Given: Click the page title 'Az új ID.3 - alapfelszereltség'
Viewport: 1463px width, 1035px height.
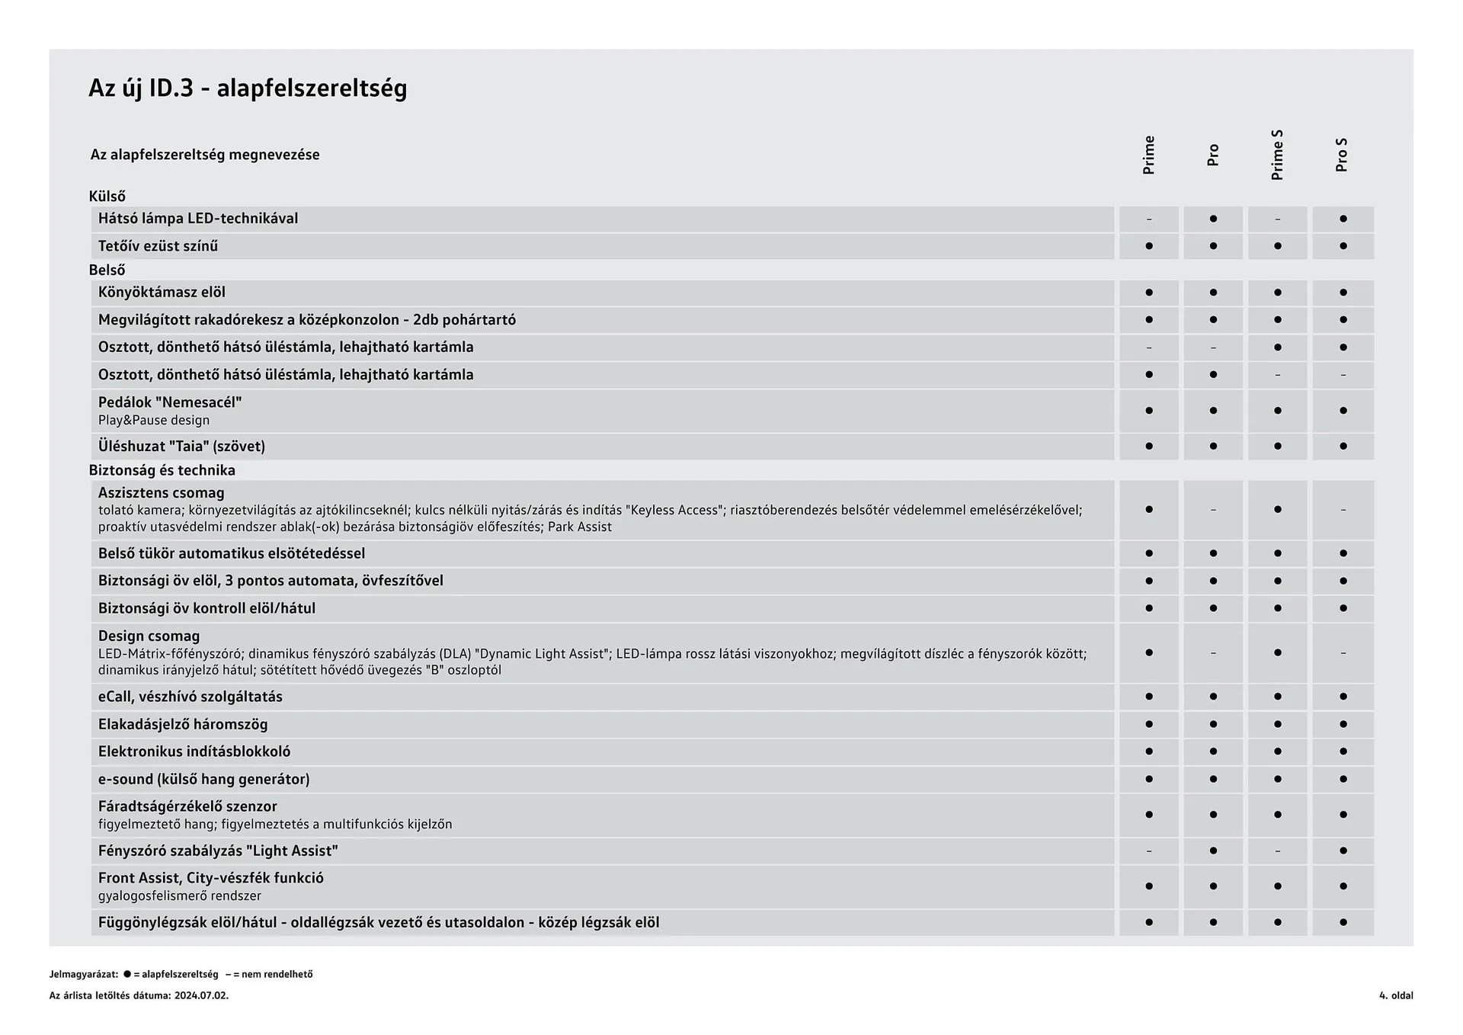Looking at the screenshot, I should coord(248,88).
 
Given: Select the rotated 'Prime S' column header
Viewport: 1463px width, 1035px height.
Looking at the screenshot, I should coord(1278,155).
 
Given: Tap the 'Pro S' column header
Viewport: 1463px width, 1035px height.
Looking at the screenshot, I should coord(1342,155).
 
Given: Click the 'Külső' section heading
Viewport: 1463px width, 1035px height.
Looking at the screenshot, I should coord(107,197).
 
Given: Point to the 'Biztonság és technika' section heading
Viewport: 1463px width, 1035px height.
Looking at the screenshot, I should coord(162,470).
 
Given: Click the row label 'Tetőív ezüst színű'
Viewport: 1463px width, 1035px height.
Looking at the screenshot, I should coord(158,246).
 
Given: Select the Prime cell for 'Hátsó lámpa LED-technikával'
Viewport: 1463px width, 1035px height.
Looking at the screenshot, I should coord(1149,219).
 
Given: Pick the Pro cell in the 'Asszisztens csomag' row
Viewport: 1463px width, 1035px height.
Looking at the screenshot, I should coord(1213,510).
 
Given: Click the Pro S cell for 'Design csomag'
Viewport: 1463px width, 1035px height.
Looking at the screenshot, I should coord(1343,653).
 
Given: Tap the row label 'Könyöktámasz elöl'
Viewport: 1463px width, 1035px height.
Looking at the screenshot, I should coord(162,293).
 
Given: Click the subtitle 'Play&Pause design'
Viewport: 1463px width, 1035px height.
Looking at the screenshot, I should coord(153,421).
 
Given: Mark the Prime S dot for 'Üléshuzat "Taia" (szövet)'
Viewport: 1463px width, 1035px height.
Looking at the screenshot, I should coord(1278,447).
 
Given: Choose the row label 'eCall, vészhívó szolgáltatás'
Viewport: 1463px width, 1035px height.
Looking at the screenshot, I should coord(190,697).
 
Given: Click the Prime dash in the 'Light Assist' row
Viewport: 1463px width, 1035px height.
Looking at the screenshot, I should coord(1149,851).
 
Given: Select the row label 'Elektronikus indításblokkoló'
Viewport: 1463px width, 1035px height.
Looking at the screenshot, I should coord(194,751).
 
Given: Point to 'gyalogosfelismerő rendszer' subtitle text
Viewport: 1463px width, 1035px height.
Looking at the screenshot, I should coord(179,896).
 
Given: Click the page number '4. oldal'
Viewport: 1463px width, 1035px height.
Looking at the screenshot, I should coord(1396,995).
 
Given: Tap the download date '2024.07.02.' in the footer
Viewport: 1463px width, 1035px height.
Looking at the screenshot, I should coord(201,995).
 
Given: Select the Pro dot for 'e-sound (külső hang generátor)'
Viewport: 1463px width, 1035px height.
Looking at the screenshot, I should coord(1213,779).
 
